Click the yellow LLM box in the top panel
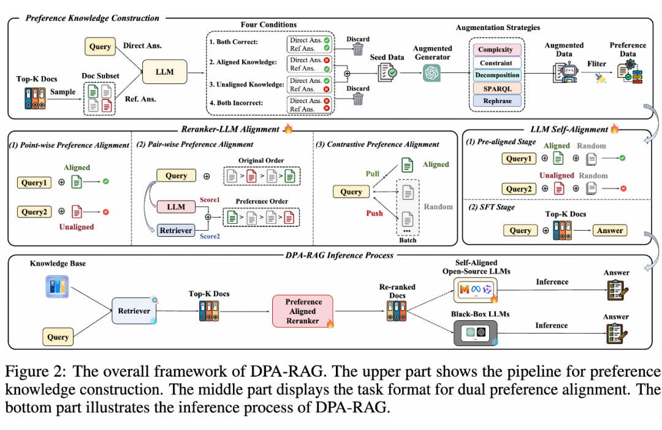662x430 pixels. [x=165, y=72]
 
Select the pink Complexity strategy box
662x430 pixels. [x=496, y=50]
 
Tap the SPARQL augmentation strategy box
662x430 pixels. [x=497, y=89]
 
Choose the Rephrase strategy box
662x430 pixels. [x=497, y=101]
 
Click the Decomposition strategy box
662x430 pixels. [x=497, y=75]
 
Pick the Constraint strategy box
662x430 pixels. [x=497, y=63]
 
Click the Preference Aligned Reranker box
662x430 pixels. [x=303, y=312]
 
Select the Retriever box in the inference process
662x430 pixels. [x=134, y=311]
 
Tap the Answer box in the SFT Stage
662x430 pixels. [x=610, y=231]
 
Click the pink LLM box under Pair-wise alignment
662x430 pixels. [x=176, y=207]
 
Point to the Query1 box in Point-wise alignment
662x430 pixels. [x=34, y=182]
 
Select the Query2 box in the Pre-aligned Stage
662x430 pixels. [x=519, y=189]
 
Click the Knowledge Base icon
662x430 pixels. [x=57, y=287]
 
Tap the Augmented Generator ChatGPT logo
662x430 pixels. [x=432, y=73]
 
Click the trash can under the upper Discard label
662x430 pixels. [x=358, y=50]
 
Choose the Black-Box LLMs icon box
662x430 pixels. [x=476, y=332]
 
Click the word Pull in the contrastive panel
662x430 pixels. [x=373, y=174]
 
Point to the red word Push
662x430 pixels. [x=375, y=213]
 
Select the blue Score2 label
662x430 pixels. [x=210, y=236]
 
